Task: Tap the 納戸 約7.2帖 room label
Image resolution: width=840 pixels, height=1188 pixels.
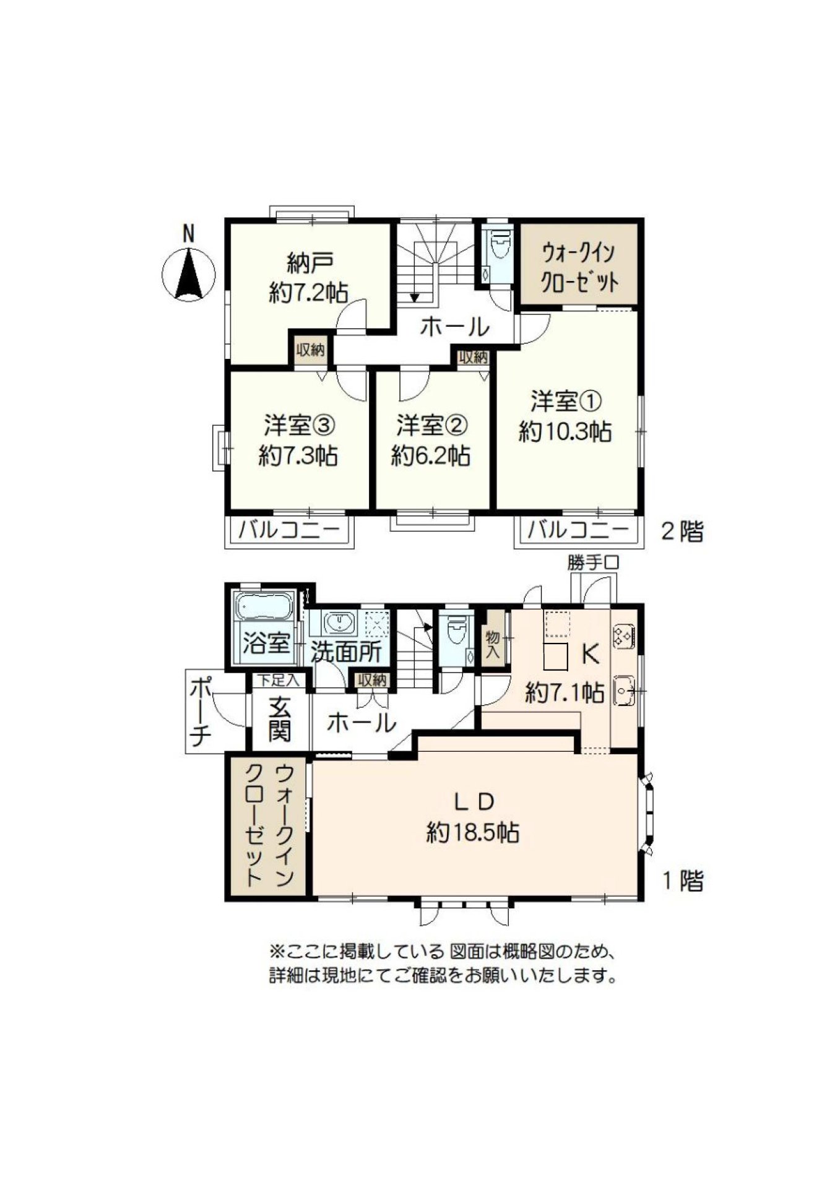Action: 309,278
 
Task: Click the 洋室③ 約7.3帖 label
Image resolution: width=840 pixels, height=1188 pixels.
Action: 298,441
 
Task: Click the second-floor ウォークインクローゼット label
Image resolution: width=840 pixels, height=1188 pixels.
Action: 579,268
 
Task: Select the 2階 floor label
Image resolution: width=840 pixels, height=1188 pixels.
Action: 683,532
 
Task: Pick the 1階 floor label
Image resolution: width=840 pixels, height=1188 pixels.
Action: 683,880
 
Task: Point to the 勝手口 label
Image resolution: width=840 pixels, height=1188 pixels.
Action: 593,563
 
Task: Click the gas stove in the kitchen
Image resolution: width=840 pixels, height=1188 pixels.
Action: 622,637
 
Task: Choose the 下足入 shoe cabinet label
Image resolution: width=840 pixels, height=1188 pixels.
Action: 279,681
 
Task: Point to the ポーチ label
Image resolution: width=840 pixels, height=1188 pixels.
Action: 201,712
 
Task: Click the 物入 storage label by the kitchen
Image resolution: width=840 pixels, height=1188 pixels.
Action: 493,643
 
